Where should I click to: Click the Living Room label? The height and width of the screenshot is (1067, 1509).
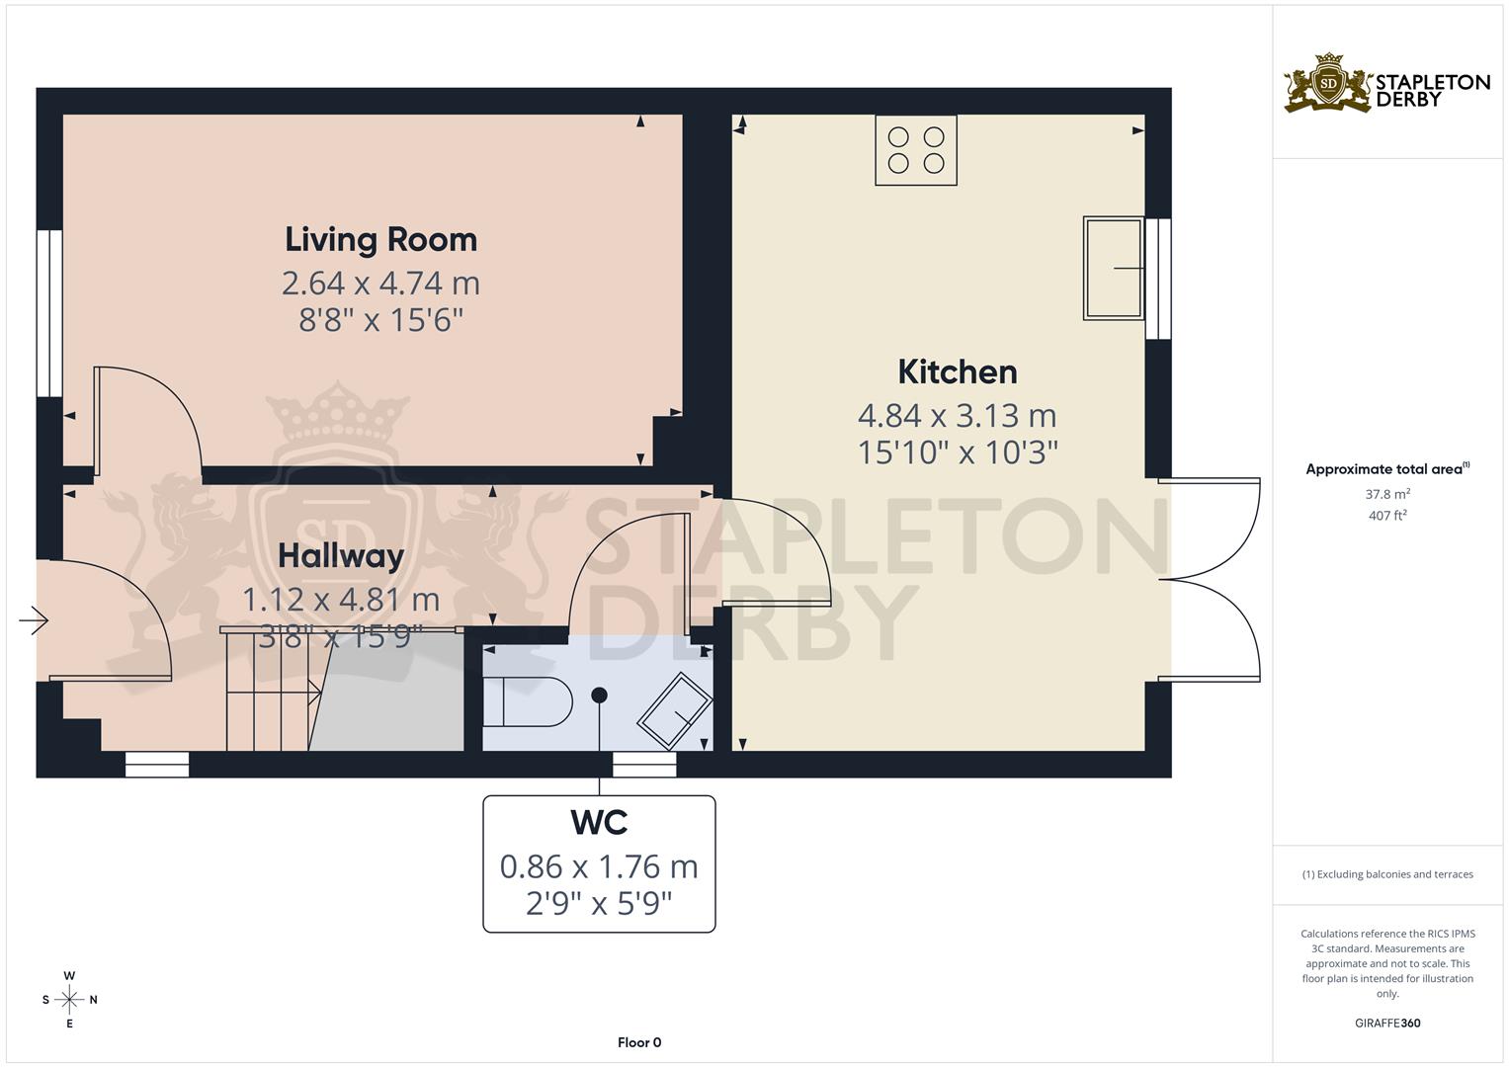[x=380, y=240]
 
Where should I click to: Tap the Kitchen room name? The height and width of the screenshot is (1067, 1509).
[x=957, y=372]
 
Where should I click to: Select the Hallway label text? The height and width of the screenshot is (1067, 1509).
[x=340, y=556]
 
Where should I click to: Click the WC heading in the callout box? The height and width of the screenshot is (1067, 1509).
[x=599, y=823]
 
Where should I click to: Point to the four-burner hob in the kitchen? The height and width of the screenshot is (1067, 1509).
[x=916, y=150]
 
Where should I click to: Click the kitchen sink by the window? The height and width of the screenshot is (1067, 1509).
[x=1114, y=268]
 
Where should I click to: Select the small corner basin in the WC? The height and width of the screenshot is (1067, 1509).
[x=675, y=709]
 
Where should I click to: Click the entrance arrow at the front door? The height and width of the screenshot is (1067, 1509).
[x=34, y=620]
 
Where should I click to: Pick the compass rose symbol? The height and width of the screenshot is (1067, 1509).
[x=69, y=1000]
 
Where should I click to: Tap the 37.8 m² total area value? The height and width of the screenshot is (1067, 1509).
[x=1387, y=493]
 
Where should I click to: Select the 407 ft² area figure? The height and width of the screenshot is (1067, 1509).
[x=1387, y=515]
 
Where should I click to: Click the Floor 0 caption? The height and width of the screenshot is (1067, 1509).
[x=639, y=1042]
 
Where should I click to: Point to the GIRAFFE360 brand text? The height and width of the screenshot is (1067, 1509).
[x=1387, y=1023]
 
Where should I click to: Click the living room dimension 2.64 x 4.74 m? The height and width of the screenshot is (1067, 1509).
[x=380, y=284]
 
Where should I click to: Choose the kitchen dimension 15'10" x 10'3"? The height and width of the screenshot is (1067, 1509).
[x=957, y=452]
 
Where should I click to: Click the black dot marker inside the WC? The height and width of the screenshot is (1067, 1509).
[x=599, y=695]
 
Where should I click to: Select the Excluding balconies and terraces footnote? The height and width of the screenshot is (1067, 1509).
[x=1387, y=874]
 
